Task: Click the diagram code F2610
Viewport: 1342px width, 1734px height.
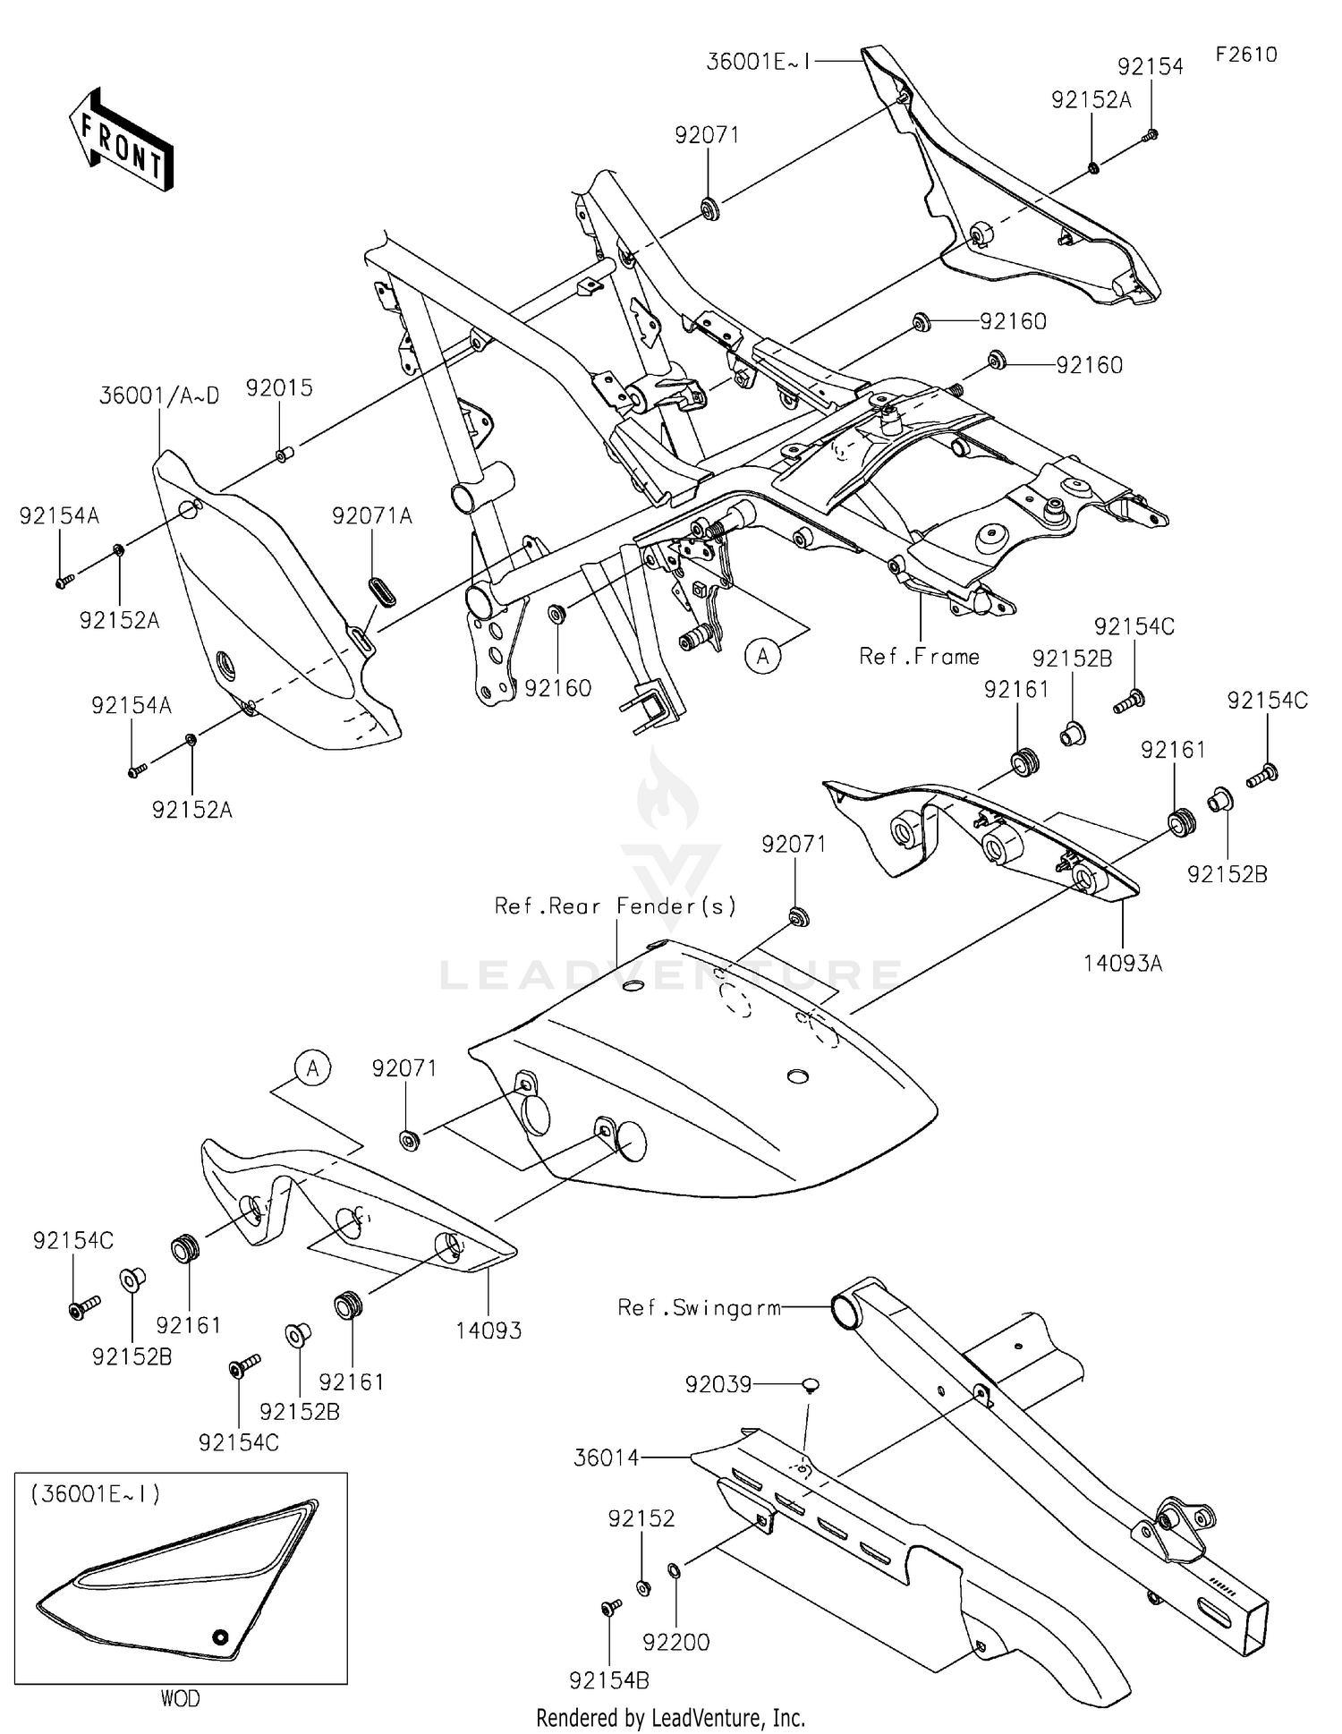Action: point(1246,55)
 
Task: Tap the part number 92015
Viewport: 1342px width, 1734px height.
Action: point(279,388)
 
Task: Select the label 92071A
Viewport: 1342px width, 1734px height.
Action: point(372,516)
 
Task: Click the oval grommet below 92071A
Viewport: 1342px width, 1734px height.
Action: point(382,591)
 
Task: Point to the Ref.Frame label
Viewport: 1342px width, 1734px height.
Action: point(919,657)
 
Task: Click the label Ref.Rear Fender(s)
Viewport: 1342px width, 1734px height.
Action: point(616,906)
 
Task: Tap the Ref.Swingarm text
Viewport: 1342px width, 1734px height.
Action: point(699,1308)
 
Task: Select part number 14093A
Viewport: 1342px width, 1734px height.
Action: point(1123,964)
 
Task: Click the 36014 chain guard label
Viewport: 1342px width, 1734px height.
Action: point(607,1458)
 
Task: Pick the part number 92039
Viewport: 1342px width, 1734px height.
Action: point(718,1384)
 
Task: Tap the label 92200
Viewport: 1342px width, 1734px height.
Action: point(676,1642)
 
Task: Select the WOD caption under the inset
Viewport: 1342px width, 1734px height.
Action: point(180,1698)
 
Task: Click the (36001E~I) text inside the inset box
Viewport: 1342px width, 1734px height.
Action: point(96,1494)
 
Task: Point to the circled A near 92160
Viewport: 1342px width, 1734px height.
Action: point(762,657)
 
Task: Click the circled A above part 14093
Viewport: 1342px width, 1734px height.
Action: point(313,1068)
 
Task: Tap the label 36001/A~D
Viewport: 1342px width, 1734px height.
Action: point(159,396)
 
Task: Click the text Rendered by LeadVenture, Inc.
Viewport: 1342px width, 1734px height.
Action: point(670,1718)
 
